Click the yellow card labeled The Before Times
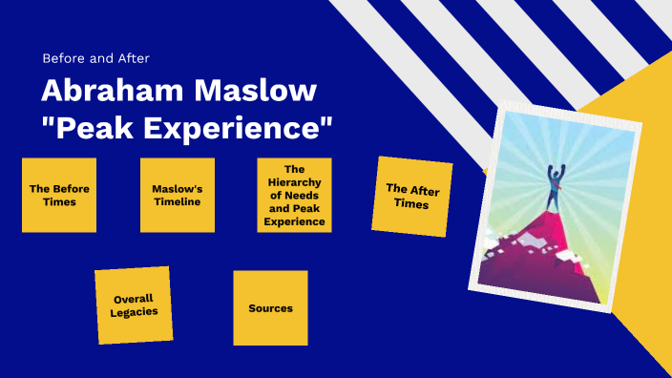pyautogui.click(x=59, y=195)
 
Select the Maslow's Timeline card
pyautogui.click(x=177, y=195)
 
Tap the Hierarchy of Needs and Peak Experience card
pyautogui.click(x=294, y=195)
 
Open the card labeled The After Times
pyautogui.click(x=411, y=196)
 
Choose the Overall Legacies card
pyautogui.click(x=134, y=304)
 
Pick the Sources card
pyautogui.click(x=270, y=308)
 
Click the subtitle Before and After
pyautogui.click(x=95, y=57)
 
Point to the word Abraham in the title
pyautogui.click(x=102, y=93)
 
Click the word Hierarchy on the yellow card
pyautogui.click(x=294, y=181)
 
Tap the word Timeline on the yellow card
pyautogui.click(x=177, y=201)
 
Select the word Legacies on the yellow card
pyautogui.click(x=134, y=312)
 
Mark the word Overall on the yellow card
pyautogui.click(x=134, y=298)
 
